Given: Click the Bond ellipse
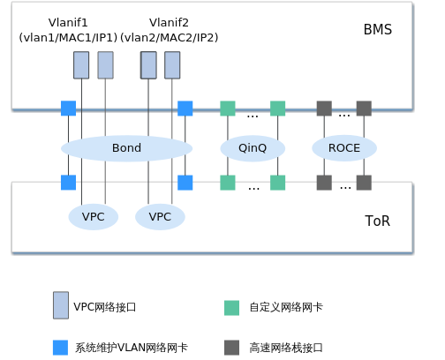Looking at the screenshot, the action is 126,148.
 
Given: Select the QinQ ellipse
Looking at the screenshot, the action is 253,148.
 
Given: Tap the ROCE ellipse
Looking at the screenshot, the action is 344,148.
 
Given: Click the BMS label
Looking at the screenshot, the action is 378,29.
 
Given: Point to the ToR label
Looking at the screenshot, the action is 378,221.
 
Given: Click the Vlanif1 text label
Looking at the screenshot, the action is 68,22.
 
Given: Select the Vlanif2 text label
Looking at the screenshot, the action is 169,22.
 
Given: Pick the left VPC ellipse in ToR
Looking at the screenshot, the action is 94,217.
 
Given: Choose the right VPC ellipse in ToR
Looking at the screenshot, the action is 160,217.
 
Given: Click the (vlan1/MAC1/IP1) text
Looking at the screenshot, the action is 68,37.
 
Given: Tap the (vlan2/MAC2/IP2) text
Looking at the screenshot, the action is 170,37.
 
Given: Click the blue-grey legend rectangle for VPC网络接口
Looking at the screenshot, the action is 61,305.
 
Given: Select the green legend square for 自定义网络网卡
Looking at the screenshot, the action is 231,308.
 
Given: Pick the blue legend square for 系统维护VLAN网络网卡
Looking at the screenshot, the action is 60,348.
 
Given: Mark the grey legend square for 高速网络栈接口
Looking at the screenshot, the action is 231,348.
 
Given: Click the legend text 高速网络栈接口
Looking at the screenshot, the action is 286,348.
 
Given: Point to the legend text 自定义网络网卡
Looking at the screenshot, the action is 286,307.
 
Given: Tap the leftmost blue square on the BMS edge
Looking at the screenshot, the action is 68,109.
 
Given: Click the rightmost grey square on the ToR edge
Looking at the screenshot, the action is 364,183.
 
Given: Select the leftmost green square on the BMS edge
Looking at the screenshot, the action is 228,109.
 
